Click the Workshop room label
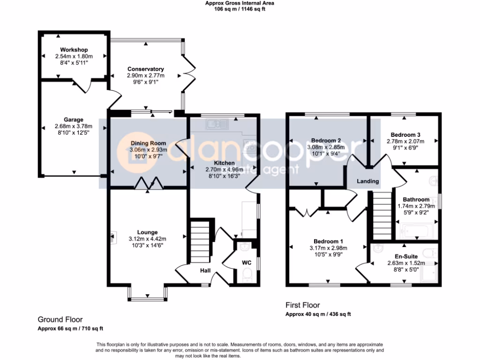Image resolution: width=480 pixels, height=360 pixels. click(x=74, y=50)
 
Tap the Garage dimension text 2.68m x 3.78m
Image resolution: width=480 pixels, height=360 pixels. click(x=74, y=126)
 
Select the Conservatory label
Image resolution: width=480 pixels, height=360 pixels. click(x=145, y=69)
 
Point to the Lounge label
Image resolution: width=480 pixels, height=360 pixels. click(x=147, y=232)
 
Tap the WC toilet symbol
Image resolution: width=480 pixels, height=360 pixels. click(x=247, y=275)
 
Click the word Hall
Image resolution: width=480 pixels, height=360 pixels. click(x=205, y=270)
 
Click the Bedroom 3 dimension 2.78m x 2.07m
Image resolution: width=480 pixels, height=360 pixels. click(x=405, y=141)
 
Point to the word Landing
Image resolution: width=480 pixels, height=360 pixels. click(x=367, y=181)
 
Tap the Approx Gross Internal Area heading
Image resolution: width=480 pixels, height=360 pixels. click(x=240, y=3)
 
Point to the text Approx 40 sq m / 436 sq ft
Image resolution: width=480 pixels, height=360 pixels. click(x=318, y=314)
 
